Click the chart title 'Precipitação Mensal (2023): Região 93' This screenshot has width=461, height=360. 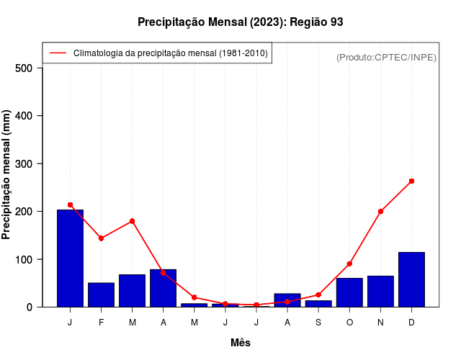(240, 22)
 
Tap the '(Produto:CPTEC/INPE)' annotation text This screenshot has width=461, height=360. (386, 57)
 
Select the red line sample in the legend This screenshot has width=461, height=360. (58, 53)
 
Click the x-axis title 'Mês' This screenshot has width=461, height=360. (241, 343)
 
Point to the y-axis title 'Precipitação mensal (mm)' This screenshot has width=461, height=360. (7, 174)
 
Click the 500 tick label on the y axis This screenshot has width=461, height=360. (24, 68)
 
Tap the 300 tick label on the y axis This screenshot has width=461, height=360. (24, 163)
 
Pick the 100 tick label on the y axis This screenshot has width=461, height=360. (24, 259)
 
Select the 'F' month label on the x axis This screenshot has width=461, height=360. (101, 323)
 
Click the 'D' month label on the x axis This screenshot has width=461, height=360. (411, 323)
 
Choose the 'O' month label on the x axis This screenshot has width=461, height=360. (349, 323)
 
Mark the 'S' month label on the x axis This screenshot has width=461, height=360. (318, 323)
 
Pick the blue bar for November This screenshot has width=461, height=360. (380, 291)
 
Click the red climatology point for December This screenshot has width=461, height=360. (411, 181)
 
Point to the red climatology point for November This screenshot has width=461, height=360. (380, 212)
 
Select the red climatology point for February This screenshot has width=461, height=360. (101, 238)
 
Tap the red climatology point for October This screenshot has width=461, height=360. (349, 264)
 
